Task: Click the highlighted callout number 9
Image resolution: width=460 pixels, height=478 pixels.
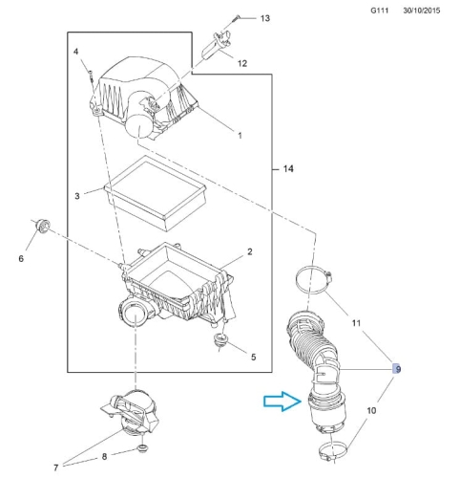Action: [x=397, y=369]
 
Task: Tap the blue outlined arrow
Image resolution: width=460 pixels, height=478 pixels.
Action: [x=282, y=402]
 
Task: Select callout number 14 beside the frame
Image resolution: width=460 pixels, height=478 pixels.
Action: [x=288, y=169]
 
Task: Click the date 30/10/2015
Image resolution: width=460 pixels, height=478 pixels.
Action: [x=422, y=11]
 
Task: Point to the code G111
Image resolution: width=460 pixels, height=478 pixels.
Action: [x=380, y=11]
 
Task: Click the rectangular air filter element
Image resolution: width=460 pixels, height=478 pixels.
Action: [x=156, y=192]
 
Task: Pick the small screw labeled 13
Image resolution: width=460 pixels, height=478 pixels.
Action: [x=236, y=18]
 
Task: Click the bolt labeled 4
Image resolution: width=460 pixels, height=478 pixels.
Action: [x=91, y=76]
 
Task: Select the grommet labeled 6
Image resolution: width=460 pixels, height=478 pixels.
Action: [x=42, y=226]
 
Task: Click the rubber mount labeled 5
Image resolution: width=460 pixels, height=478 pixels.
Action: [x=220, y=340]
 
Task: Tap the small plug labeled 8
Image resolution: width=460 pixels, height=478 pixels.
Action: [x=142, y=449]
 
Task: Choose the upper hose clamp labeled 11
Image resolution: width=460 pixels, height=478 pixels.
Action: [x=314, y=280]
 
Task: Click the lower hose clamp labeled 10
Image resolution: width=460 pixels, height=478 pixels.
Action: [x=332, y=449]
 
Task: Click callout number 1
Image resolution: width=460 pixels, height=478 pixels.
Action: [x=240, y=136]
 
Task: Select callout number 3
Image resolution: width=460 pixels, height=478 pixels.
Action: [x=77, y=196]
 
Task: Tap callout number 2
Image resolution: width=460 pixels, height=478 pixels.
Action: [x=250, y=251]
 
